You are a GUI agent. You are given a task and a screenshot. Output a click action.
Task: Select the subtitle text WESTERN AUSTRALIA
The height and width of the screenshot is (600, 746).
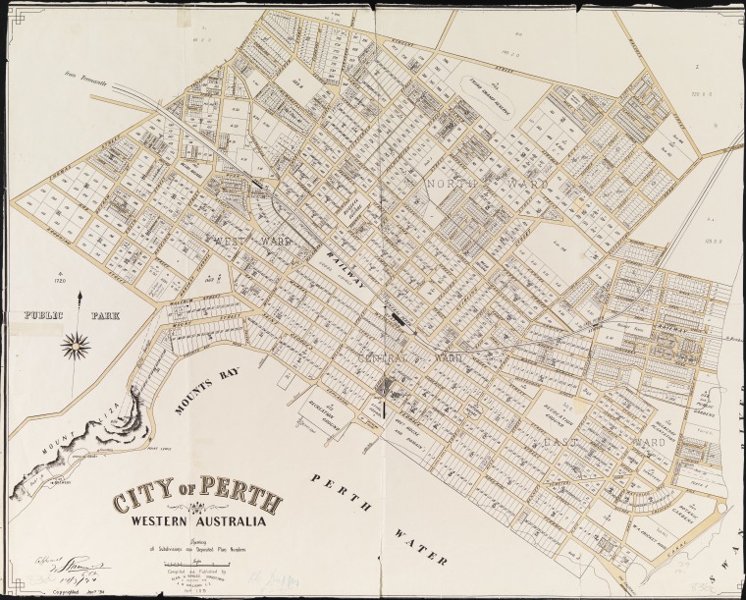click(x=199, y=520)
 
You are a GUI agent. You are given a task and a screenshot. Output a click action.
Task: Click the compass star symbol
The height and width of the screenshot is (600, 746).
click(x=77, y=345)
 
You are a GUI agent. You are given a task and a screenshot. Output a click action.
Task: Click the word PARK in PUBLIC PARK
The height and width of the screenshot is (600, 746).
click(x=115, y=317)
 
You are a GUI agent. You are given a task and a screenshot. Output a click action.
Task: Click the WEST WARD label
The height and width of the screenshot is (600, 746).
click(x=249, y=240)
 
